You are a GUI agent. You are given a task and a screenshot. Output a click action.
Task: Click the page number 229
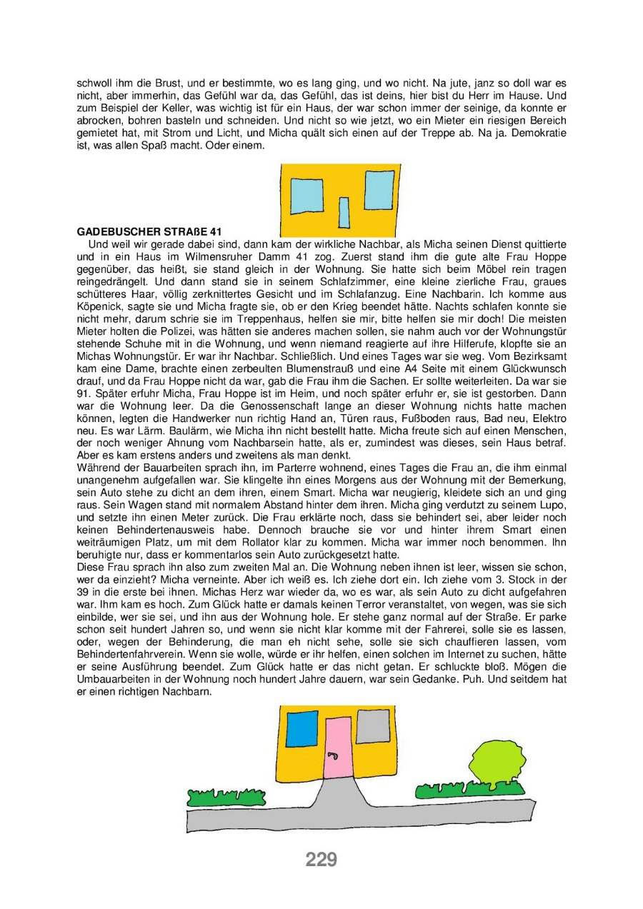coord(321,860)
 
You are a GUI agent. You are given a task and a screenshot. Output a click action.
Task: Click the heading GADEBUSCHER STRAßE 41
coord(149,232)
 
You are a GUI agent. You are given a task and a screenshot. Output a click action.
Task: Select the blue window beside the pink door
coord(301,728)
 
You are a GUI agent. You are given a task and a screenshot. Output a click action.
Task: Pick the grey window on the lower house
coord(373,726)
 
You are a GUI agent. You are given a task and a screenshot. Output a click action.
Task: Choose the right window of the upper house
coord(379,191)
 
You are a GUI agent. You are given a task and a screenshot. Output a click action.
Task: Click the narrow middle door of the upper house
coord(344,211)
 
